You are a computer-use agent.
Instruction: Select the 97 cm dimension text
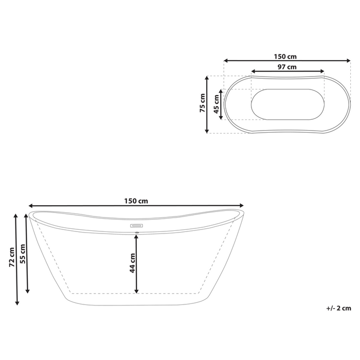coord(287,67)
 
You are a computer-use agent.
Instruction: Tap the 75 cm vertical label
coord(203,104)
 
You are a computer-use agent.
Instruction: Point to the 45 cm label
coord(217,104)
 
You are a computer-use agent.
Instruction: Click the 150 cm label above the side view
coord(137,201)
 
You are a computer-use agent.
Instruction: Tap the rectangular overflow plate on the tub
coord(137,225)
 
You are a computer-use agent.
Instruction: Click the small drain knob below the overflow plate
coord(137,232)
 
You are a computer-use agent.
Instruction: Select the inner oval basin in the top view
coord(287,104)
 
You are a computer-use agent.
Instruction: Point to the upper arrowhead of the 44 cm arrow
coord(137,238)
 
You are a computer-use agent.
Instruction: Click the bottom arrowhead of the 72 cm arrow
coord(17,303)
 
